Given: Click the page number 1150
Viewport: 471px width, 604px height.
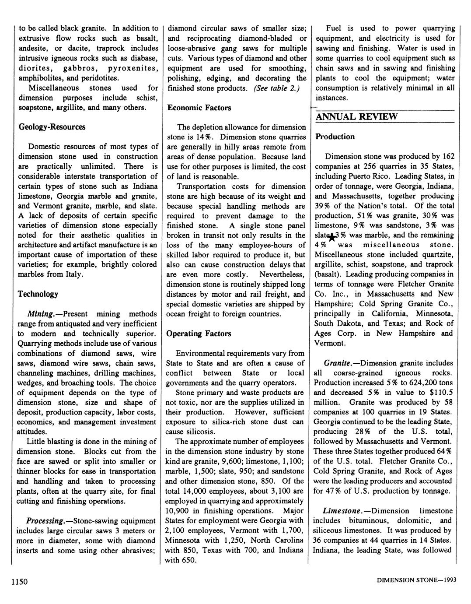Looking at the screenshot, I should pos(20,582).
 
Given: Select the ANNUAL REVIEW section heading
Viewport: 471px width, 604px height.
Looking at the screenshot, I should pos(356,116).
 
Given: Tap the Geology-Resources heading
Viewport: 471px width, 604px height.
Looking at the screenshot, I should pos(52,127).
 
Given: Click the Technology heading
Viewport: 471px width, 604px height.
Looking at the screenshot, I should pos(38,294).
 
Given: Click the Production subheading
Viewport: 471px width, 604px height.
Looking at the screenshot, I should pos(335,137).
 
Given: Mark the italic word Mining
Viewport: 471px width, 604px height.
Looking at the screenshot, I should pos(40,314).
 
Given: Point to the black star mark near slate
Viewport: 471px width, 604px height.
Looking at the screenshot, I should pos(332,237).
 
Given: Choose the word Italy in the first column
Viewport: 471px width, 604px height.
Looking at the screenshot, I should pos(73,274).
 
